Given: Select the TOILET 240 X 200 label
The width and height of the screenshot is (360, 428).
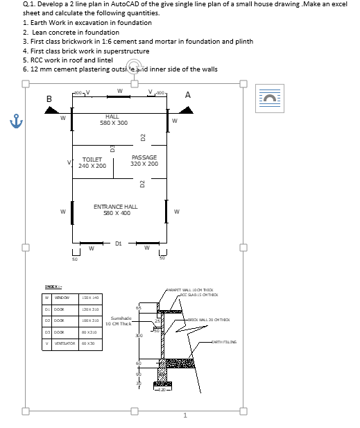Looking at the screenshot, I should (x=92, y=163).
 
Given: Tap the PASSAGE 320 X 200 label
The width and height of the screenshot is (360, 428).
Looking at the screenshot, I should (x=144, y=160).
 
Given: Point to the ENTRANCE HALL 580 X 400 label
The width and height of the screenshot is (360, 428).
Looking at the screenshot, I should (x=115, y=210).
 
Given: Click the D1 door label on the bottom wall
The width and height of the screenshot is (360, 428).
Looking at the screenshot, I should (x=119, y=244).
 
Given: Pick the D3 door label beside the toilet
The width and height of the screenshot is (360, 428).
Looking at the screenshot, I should (x=112, y=148).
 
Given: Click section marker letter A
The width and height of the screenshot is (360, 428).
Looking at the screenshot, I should (x=188, y=96).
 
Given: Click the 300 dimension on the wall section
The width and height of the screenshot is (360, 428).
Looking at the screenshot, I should (x=139, y=335).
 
